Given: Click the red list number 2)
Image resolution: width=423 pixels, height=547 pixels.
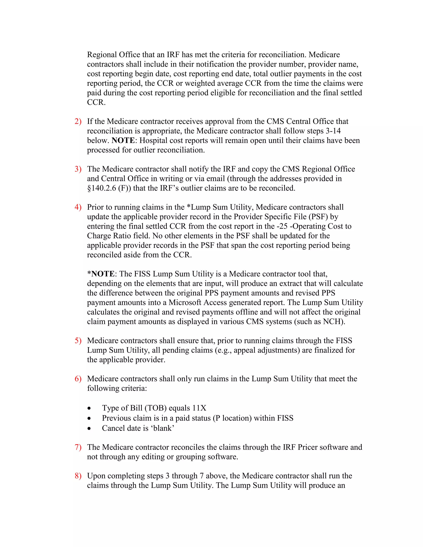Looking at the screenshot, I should tap(78, 121).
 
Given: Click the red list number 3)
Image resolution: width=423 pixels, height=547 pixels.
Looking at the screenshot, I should tap(78, 169).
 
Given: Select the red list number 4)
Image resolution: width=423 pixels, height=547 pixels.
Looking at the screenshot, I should tap(78, 207).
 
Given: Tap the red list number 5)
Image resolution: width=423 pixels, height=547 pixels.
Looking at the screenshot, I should tap(78, 341).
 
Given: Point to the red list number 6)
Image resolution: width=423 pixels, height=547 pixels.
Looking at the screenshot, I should tap(78, 379).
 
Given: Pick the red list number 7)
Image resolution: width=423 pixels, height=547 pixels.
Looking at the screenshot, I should tap(78, 447).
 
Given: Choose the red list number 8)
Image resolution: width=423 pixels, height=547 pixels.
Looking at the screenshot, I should tap(78, 476).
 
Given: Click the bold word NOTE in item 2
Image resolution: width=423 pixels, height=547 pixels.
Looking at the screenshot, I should tap(123, 141).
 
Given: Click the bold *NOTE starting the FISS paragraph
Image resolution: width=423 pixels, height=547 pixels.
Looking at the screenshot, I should tap(101, 274).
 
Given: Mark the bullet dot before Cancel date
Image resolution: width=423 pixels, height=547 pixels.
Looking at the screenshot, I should tap(89, 429).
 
